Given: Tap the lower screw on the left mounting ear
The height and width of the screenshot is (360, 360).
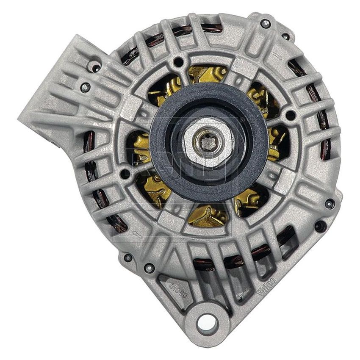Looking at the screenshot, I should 86,88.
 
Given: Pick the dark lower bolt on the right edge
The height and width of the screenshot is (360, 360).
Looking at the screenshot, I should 320,226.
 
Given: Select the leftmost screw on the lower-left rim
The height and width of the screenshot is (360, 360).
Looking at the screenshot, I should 128,257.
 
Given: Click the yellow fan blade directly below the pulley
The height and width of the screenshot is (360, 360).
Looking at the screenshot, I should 208,214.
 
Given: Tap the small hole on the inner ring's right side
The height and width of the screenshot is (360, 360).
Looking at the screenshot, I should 290,115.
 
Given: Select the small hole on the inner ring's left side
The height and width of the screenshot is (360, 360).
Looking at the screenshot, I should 125,173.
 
